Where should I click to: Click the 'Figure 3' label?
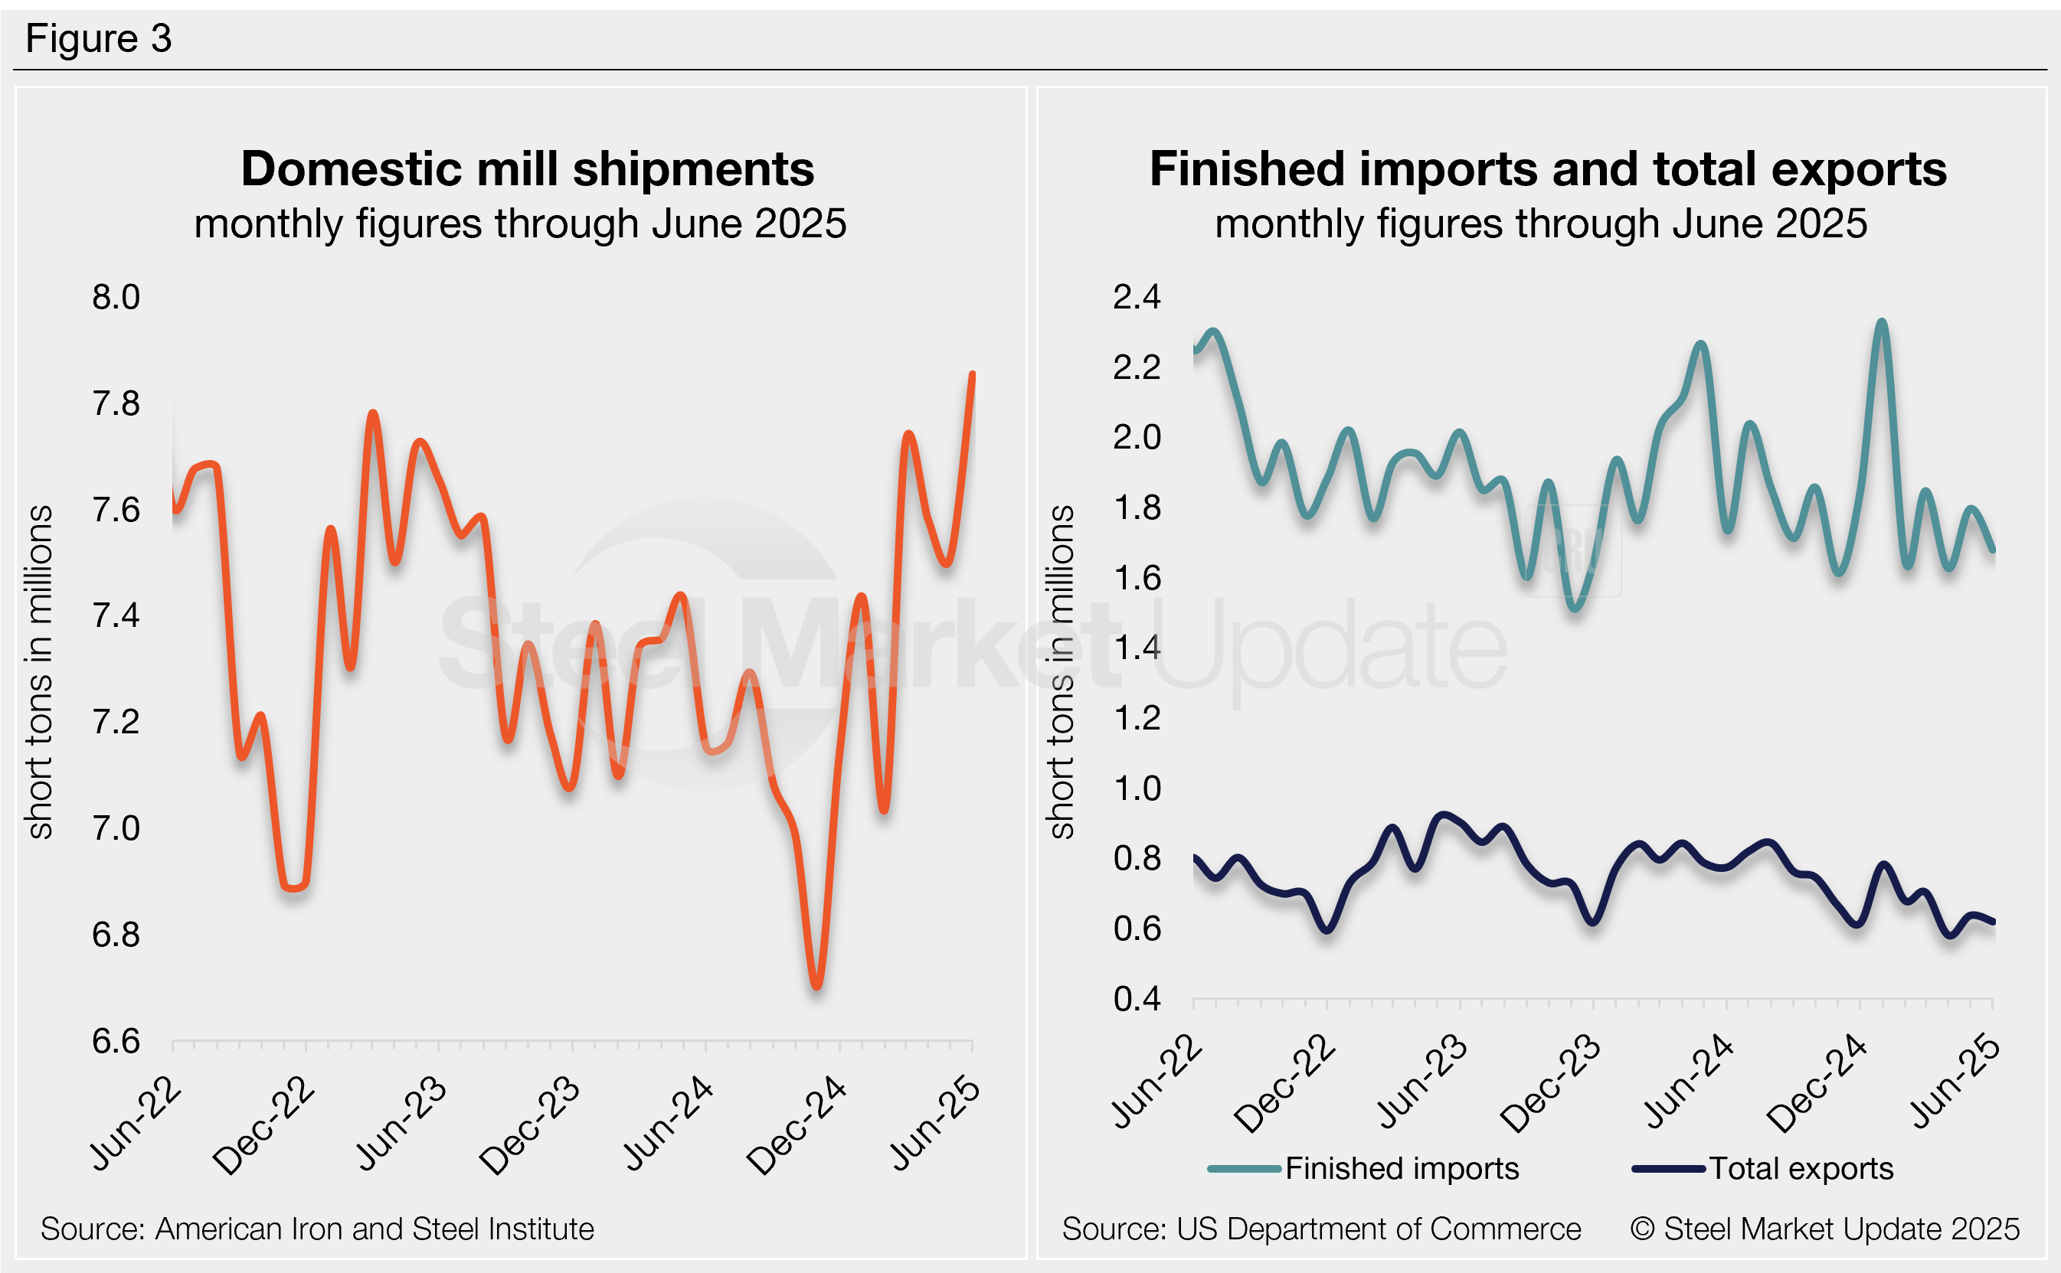pyautogui.click(x=99, y=39)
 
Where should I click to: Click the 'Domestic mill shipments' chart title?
pyautogui.click(x=527, y=168)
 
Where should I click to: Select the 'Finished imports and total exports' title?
pyautogui.click(x=1548, y=168)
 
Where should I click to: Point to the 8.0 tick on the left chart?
pyautogui.click(x=116, y=297)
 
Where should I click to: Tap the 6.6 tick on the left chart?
pyautogui.click(x=116, y=1042)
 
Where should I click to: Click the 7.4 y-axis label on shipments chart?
pyautogui.click(x=116, y=615)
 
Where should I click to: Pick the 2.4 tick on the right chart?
pyautogui.click(x=1137, y=297)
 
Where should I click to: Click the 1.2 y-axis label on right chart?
pyautogui.click(x=1137, y=718)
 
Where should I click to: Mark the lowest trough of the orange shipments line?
pyautogui.click(x=816, y=985)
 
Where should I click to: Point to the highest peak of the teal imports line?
pyautogui.click(x=1882, y=322)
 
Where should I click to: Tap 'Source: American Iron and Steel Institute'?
pyautogui.click(x=318, y=1229)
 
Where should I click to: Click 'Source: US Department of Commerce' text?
pyautogui.click(x=1321, y=1229)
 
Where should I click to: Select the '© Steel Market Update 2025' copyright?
pyautogui.click(x=1825, y=1229)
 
